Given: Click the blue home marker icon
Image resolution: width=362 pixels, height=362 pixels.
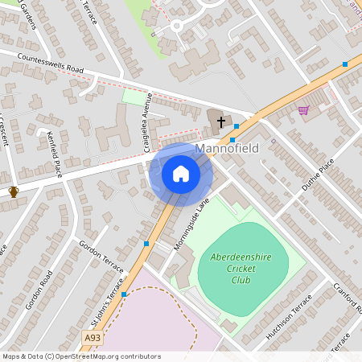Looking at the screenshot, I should click(x=180, y=174).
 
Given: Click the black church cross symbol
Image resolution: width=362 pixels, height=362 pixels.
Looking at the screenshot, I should click(x=221, y=121).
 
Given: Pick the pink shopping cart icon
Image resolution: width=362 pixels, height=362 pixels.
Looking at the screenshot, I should click(x=303, y=110).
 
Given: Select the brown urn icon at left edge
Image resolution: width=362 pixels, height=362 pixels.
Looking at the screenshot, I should click(x=13, y=191).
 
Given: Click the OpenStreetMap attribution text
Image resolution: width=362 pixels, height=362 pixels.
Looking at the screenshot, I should click(x=81, y=356).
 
